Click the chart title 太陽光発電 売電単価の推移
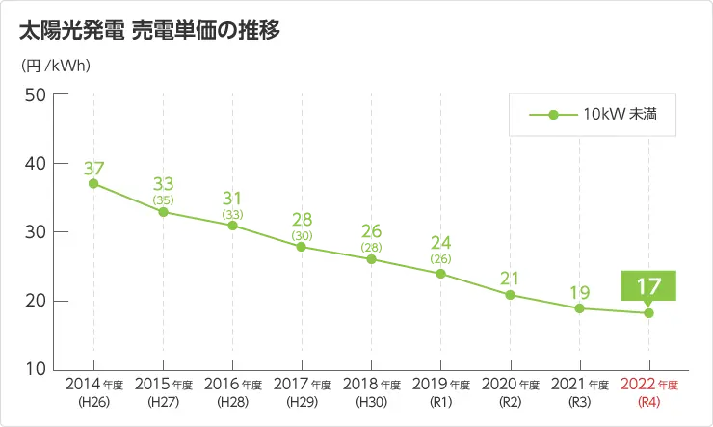click(x=149, y=31)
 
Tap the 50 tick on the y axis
click(x=35, y=94)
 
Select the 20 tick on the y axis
click(x=35, y=301)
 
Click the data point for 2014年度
click(x=93, y=183)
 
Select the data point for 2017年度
click(x=302, y=247)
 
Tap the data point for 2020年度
click(x=510, y=295)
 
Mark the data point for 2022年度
click(x=648, y=312)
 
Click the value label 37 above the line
click(x=93, y=167)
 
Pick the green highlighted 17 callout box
click(x=648, y=286)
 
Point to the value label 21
click(x=510, y=279)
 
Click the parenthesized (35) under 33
click(x=163, y=200)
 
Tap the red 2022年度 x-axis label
click(x=648, y=385)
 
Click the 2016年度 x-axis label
click(x=232, y=385)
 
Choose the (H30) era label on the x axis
click(x=371, y=401)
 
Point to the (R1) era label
click(x=440, y=401)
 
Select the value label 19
click(x=579, y=292)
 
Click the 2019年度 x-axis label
click(x=440, y=385)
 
